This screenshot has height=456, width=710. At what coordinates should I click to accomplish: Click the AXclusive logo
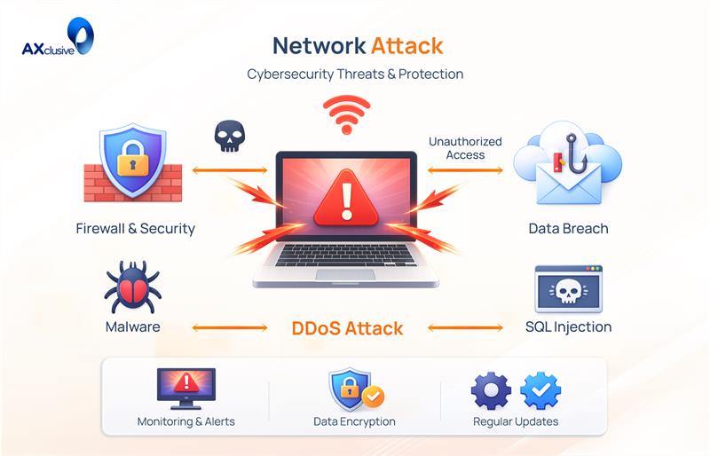click(x=58, y=42)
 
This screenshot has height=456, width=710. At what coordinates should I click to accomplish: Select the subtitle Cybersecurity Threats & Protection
click(x=355, y=75)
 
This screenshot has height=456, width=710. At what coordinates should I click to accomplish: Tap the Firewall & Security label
click(x=135, y=228)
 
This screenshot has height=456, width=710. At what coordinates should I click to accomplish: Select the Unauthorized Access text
click(x=465, y=148)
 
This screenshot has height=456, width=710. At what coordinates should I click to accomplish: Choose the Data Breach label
click(x=568, y=228)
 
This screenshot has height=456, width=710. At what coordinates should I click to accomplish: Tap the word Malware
click(x=132, y=326)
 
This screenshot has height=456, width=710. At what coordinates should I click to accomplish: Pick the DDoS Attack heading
click(x=347, y=328)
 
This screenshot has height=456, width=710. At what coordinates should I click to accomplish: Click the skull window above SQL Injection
click(x=568, y=289)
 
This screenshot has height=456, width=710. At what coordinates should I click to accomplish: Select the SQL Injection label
click(x=568, y=326)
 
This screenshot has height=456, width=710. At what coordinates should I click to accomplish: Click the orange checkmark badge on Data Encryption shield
click(x=374, y=397)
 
